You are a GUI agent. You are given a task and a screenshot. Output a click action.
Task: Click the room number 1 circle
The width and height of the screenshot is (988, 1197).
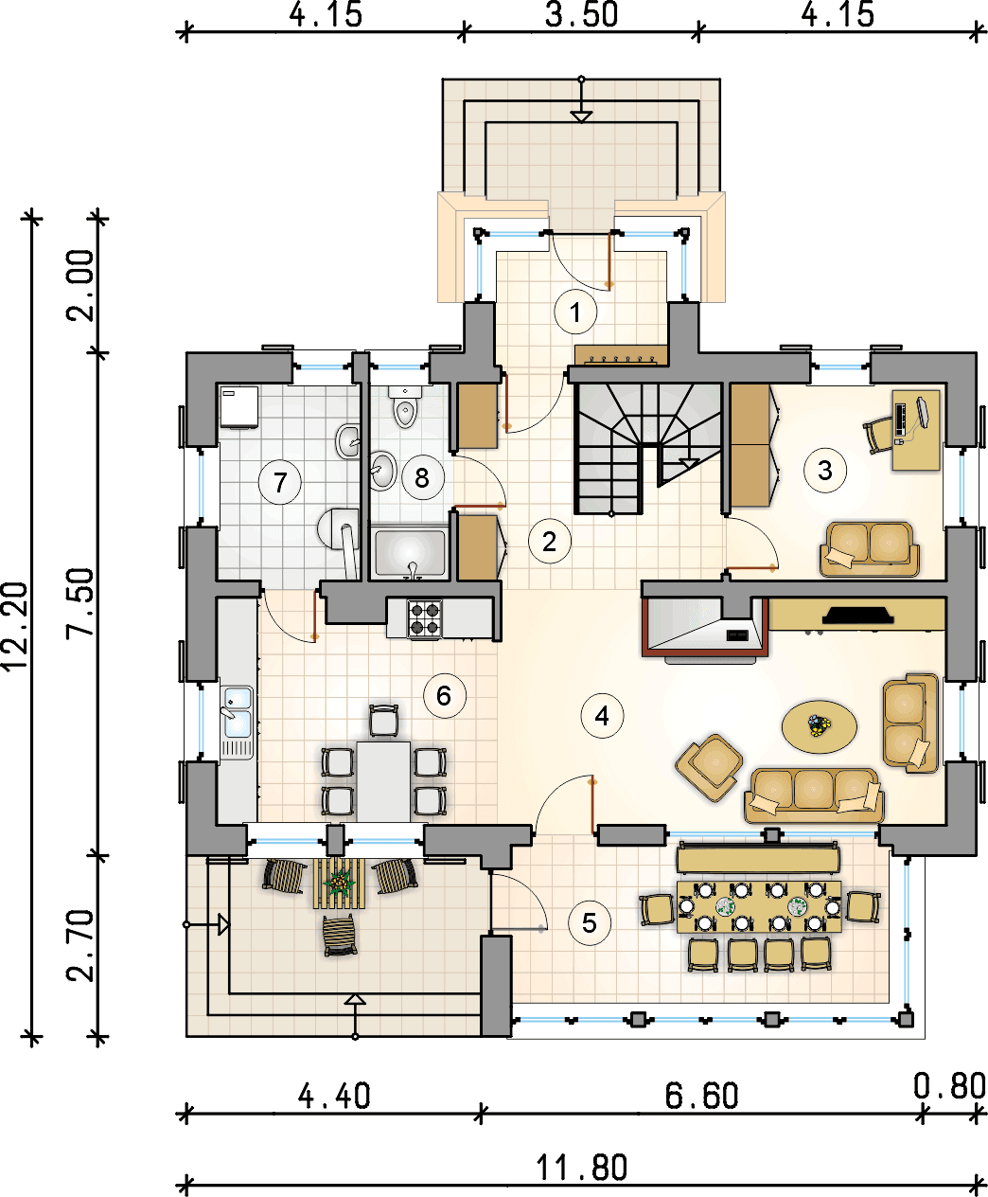575,313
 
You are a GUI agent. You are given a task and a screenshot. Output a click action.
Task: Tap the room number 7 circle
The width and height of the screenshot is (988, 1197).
280,482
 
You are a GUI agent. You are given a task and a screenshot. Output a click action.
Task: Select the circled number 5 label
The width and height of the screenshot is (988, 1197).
590,923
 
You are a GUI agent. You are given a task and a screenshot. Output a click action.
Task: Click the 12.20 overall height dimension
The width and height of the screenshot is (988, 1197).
15,626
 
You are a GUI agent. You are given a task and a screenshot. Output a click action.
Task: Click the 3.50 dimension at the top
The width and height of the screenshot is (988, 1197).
582,15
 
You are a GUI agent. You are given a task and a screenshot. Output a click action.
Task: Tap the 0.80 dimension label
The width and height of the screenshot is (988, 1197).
949,1086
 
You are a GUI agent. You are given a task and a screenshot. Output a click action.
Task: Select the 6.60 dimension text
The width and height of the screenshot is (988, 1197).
701,1096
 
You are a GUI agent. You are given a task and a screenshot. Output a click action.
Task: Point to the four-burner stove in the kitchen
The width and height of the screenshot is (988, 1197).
425,618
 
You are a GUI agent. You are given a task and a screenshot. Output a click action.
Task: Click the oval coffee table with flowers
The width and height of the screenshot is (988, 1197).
820,727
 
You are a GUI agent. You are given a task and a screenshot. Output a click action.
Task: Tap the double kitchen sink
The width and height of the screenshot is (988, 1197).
238,712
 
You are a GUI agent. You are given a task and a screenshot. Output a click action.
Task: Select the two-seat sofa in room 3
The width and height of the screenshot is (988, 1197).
870,548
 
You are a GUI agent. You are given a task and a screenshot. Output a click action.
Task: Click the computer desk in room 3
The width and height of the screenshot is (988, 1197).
916,431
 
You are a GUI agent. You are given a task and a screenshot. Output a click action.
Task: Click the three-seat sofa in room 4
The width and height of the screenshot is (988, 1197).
814,795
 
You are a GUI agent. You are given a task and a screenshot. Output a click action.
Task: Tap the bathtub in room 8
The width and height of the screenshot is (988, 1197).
410,553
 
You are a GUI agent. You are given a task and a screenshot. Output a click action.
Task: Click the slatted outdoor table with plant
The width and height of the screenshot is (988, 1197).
339,883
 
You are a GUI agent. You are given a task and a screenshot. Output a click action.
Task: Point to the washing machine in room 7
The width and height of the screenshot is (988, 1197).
239,406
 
